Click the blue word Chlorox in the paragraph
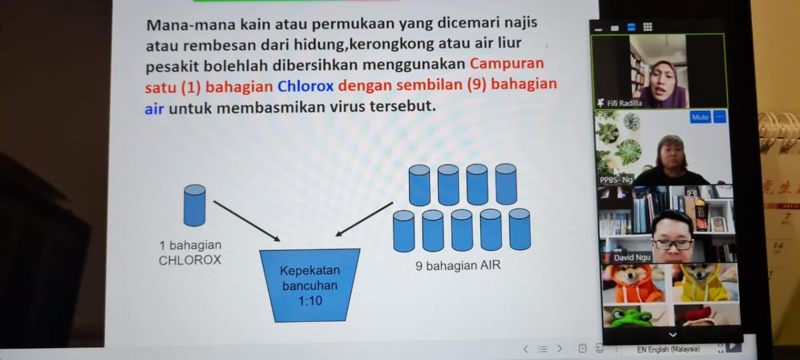click(x=305, y=86)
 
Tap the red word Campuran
click(x=507, y=64)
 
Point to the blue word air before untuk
click(x=154, y=109)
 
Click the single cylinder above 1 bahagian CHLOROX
click(x=195, y=205)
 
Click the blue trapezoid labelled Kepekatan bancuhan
click(x=310, y=285)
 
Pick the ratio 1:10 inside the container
click(x=311, y=301)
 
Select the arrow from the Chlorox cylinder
click(x=247, y=221)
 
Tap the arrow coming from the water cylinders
click(x=364, y=219)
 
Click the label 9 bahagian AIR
click(x=458, y=266)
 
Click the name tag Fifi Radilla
click(x=624, y=103)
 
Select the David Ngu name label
click(x=632, y=258)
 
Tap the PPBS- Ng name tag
click(x=616, y=179)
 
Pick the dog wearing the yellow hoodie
click(x=706, y=282)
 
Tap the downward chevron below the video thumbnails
click(x=673, y=335)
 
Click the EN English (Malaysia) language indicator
click(x=668, y=349)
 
